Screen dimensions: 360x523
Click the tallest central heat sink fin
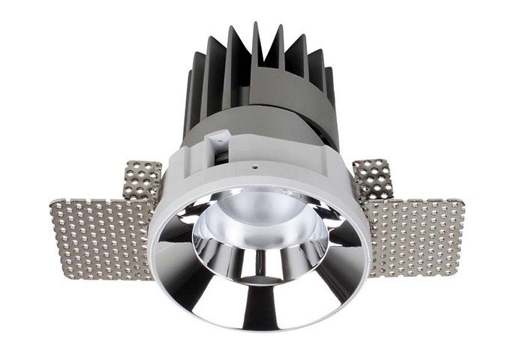point(257,45)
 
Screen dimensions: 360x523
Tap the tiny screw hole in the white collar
point(254,167)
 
